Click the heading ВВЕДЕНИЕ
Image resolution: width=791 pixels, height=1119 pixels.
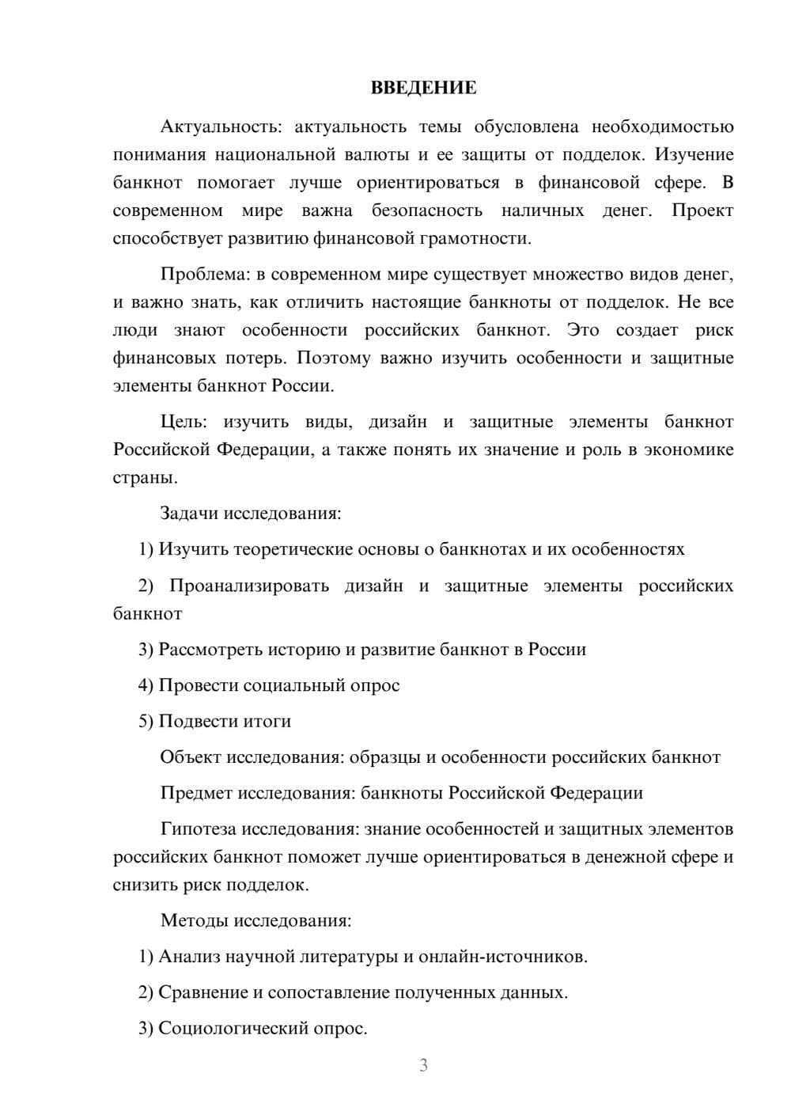(423, 88)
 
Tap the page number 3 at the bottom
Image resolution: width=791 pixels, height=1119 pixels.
(423, 1065)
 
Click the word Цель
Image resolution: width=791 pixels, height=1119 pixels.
(183, 422)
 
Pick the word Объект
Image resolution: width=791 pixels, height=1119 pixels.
(191, 757)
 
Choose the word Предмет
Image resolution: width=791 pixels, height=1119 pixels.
(196, 792)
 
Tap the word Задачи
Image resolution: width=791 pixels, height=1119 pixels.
(189, 513)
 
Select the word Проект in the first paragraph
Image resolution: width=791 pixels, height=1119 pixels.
(702, 211)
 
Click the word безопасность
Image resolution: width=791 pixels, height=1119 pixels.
(426, 211)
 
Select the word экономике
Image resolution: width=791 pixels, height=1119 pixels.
(689, 449)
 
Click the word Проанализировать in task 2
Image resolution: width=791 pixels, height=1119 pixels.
(249, 586)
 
